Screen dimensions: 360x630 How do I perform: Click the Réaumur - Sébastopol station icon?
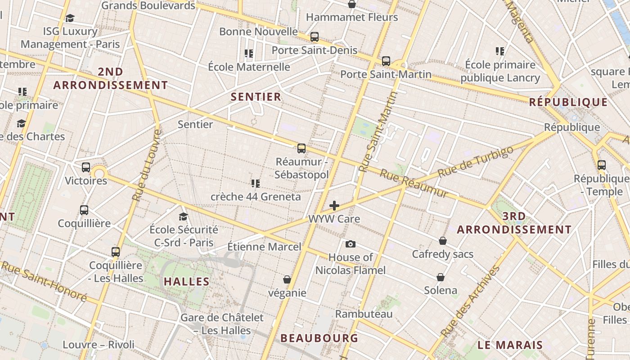point(301,148)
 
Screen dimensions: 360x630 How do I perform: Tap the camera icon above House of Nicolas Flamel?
point(351,244)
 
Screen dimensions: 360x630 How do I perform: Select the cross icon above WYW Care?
point(334,206)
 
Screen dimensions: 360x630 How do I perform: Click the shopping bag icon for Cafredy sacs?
point(443,241)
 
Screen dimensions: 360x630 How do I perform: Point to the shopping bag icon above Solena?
point(441,277)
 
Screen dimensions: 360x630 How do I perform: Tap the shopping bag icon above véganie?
point(287,279)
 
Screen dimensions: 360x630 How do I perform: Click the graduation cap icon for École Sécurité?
point(183,216)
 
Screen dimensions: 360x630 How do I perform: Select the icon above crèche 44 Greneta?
point(256,183)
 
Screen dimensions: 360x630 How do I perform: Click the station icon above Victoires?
point(86,167)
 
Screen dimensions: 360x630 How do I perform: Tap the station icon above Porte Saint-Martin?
point(386,61)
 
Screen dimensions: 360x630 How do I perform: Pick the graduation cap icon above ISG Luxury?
point(70,18)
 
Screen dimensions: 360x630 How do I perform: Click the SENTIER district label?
point(256,97)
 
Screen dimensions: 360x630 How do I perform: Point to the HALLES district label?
point(187,282)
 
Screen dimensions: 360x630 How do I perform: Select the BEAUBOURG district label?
point(319,338)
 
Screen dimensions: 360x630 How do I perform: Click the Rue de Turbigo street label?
point(475,161)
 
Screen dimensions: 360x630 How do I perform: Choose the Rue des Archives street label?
point(470,301)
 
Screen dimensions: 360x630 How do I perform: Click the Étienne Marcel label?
point(264,247)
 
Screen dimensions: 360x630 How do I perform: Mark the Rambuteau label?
point(364,314)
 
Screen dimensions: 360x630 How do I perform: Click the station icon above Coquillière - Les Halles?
point(116,252)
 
